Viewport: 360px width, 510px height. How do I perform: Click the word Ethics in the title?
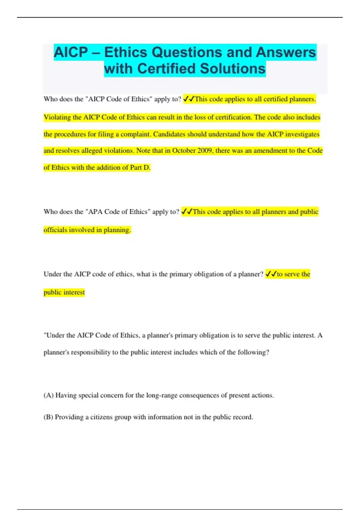pos(126,52)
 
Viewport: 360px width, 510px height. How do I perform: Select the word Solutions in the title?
pos(232,69)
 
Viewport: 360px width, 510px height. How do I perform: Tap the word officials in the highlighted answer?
pos(55,230)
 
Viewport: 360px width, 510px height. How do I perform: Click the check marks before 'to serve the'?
pos(271,274)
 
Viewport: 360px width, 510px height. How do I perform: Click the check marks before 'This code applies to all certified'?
pos(189,99)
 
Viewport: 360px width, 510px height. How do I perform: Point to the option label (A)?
pos(49,395)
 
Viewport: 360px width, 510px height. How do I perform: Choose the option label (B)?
pos(48,417)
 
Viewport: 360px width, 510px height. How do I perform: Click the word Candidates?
pos(169,134)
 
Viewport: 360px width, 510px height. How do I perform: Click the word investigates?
pos(302,134)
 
